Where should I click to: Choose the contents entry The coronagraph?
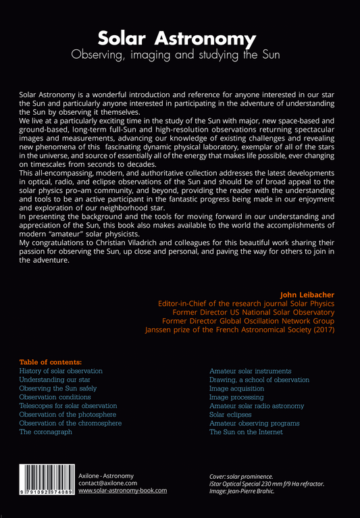[46, 432]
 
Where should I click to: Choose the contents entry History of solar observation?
[61, 371]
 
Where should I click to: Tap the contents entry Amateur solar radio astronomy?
[257, 406]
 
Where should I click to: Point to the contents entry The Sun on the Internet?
[246, 432]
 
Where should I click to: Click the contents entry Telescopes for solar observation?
[68, 406]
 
